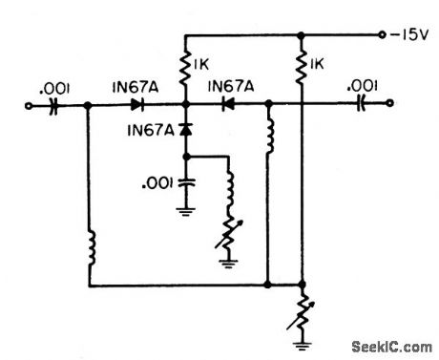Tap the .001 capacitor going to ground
tap(184, 180)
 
